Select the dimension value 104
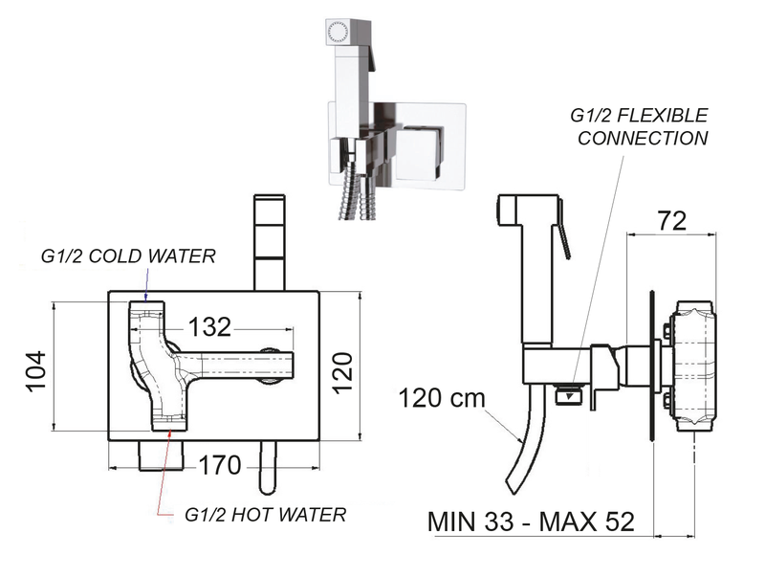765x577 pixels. (33, 368)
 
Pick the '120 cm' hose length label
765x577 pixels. (443, 397)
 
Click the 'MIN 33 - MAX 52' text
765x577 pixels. (530, 523)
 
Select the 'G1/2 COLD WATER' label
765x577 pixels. (128, 256)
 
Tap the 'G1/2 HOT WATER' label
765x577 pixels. (265, 515)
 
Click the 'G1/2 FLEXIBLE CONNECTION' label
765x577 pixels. (639, 126)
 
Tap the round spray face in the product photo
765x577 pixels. (336, 31)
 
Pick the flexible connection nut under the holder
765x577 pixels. (571, 391)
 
